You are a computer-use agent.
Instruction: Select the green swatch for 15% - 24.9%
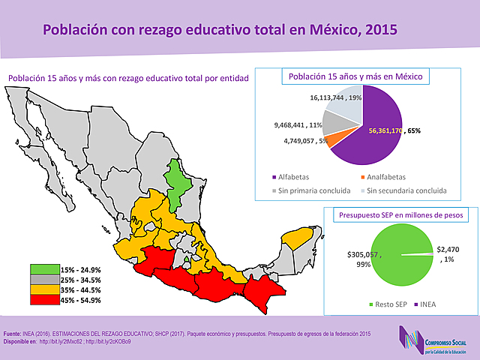point(44,269)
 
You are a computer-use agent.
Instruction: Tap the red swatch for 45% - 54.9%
point(44,299)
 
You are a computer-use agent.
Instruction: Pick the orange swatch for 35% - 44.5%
point(44,289)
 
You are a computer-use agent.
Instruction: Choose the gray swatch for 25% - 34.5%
point(44,279)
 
